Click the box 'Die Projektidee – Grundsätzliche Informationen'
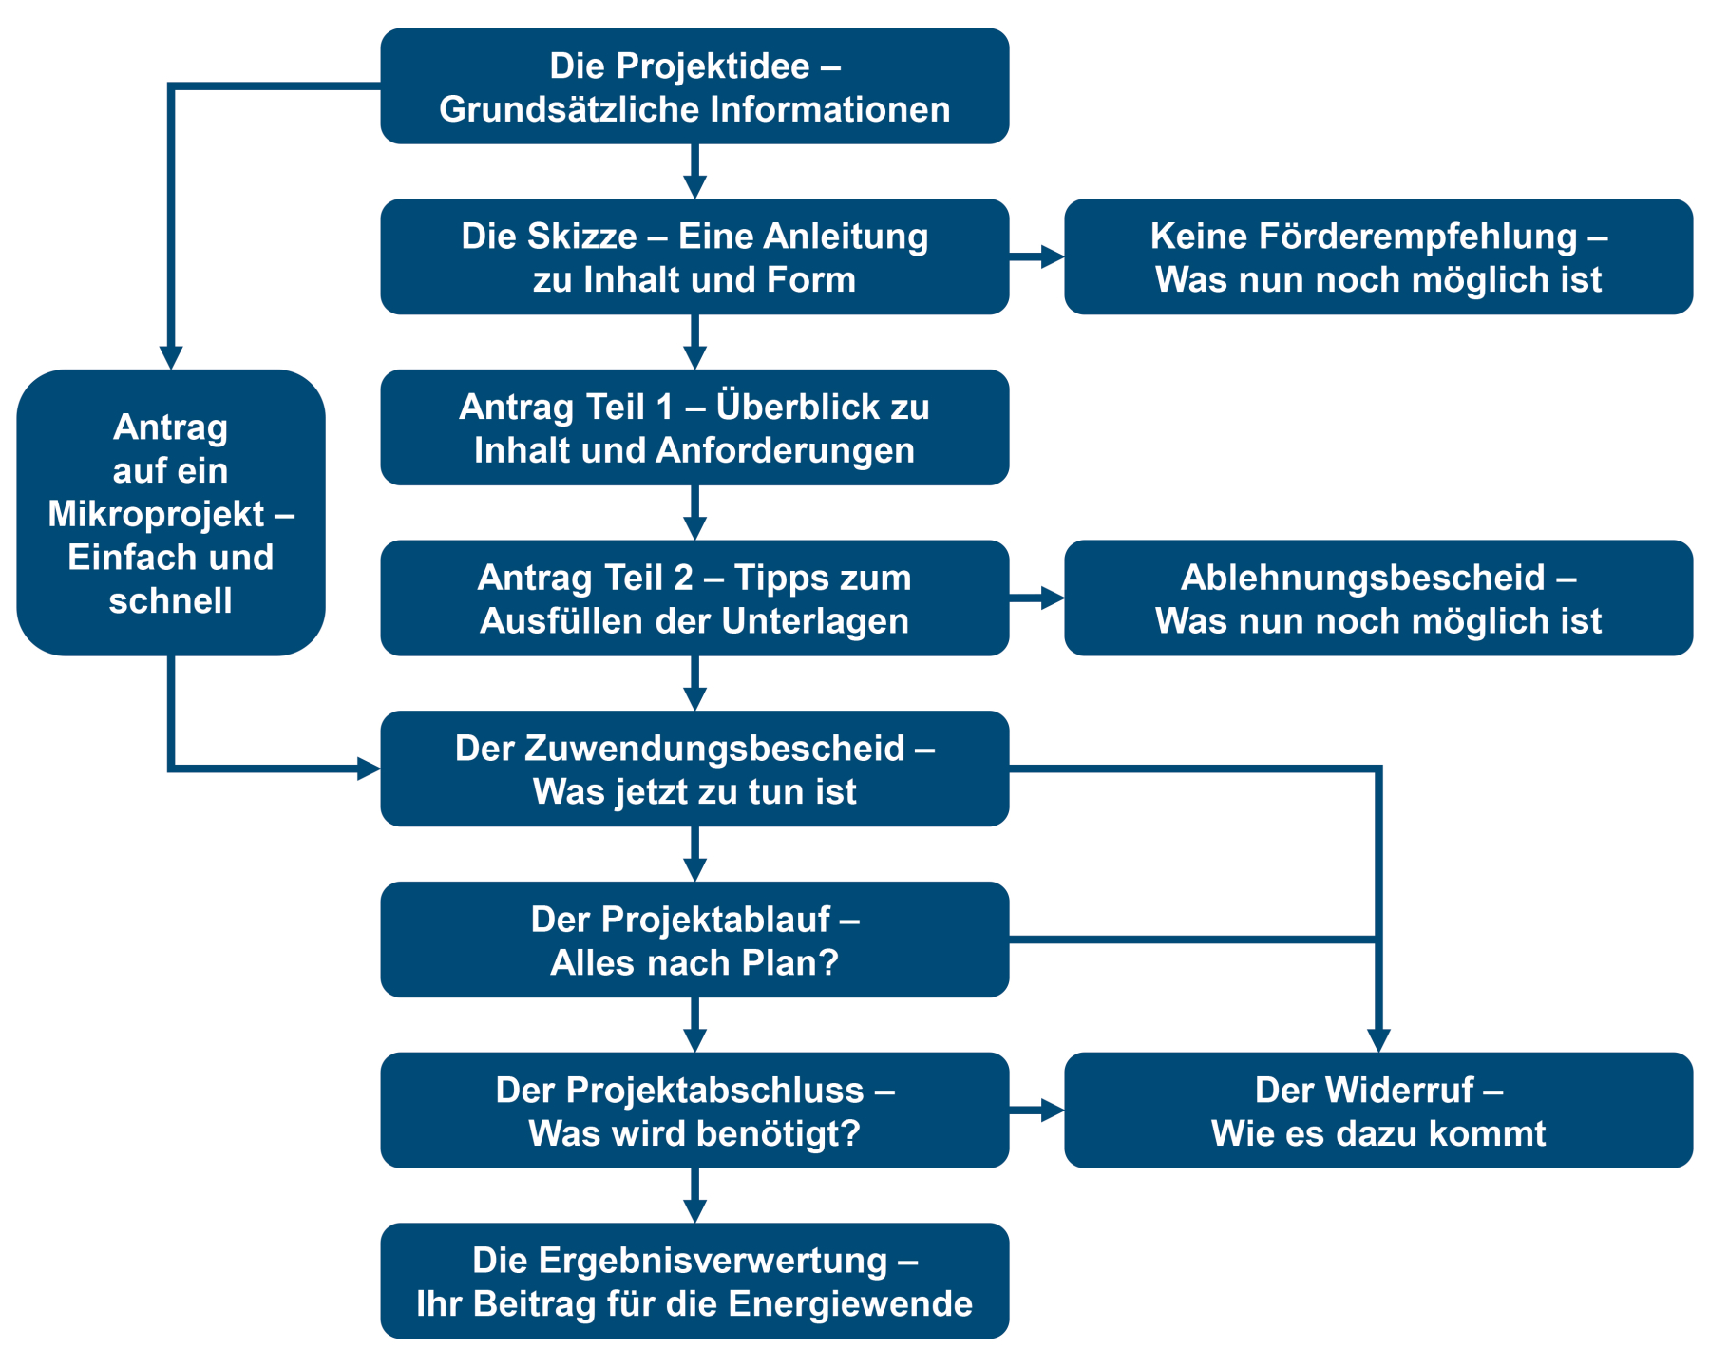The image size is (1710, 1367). (694, 86)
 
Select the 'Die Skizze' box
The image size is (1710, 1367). (694, 256)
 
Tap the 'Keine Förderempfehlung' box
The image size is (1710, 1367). (1377, 256)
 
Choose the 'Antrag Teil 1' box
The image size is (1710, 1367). (694, 427)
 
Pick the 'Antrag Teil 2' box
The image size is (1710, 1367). (694, 598)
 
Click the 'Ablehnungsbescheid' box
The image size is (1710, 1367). (1377, 598)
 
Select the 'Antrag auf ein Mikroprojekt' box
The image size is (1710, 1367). (171, 513)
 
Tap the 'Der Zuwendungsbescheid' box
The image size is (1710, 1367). (694, 769)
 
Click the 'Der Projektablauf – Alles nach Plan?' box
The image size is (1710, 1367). (694, 940)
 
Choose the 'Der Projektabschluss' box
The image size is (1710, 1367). (694, 1111)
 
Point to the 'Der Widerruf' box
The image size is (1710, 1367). (1377, 1111)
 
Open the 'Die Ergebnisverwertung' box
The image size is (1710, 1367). (694, 1281)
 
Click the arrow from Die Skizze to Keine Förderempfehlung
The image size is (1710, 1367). (1037, 256)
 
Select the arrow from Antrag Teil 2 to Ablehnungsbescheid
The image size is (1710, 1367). (1037, 598)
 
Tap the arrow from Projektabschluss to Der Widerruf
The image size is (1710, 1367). (1037, 1111)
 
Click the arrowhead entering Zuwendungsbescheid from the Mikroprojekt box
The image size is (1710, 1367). (369, 769)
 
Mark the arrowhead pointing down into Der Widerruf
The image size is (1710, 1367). (1378, 1041)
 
